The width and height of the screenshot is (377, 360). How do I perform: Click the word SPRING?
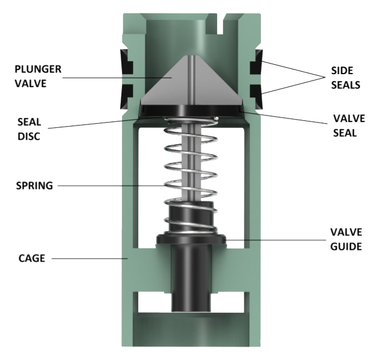point(34,186)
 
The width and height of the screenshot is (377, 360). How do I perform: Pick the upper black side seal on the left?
point(125,64)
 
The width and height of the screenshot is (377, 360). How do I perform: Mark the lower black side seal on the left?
point(125,91)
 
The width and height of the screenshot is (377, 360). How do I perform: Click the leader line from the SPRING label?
point(117,186)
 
